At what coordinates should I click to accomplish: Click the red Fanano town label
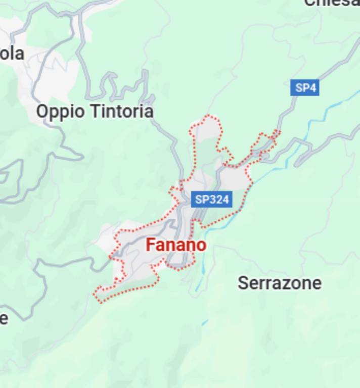176,246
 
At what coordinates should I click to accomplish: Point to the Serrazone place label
279,283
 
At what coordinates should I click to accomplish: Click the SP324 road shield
212,199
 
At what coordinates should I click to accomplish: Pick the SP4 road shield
305,88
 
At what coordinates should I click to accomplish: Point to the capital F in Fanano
150,246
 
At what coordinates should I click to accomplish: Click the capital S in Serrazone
242,283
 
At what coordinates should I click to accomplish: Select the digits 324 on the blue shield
219,199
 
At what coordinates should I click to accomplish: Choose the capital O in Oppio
42,111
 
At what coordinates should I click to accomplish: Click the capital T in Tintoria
93,111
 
